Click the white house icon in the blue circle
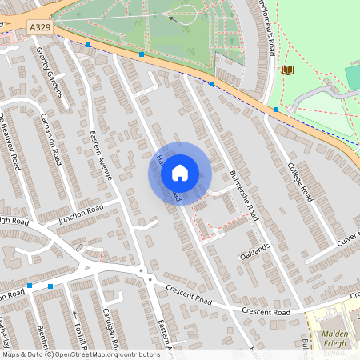(180, 172)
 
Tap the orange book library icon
(288, 70)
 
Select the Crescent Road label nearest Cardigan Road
(189, 297)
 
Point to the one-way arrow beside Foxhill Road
(75, 314)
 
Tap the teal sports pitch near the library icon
(353, 77)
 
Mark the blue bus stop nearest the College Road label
(276, 109)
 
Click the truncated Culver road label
(348, 239)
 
